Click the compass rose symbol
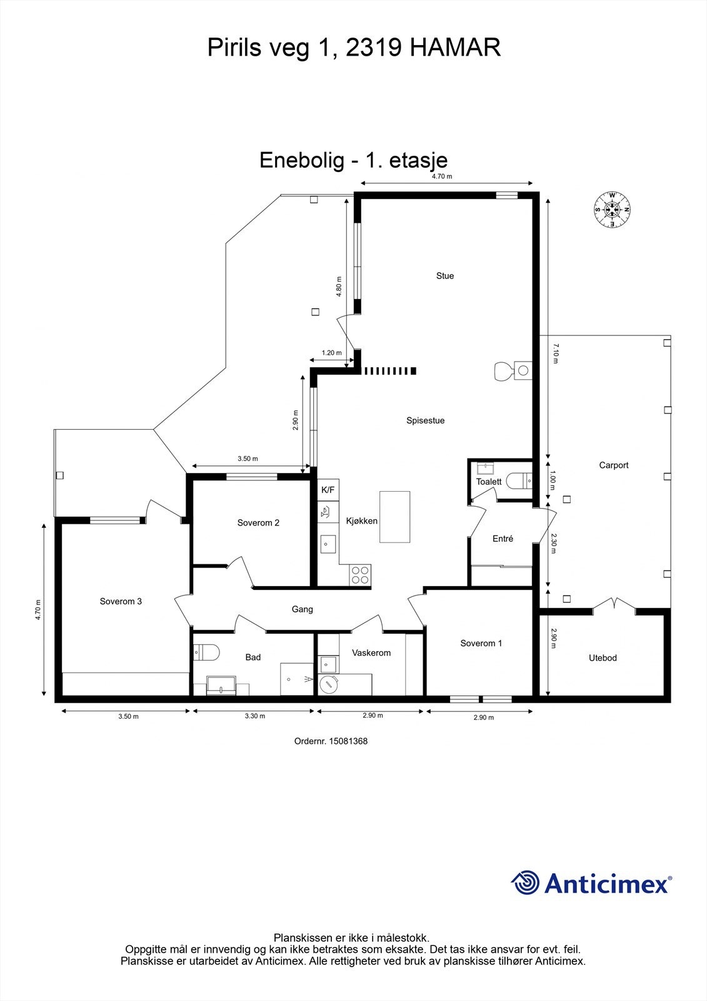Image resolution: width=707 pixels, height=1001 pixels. (x=612, y=209)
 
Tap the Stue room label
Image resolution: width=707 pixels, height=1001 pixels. (x=445, y=276)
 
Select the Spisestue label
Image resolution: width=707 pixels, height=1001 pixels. (x=425, y=420)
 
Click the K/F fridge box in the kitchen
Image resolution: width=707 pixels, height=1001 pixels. (x=328, y=490)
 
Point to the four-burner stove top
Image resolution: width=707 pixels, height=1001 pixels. (x=360, y=575)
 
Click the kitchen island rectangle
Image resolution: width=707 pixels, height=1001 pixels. (x=395, y=517)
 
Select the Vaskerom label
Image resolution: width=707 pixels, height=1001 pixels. (x=371, y=653)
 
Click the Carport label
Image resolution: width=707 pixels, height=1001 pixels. (x=614, y=465)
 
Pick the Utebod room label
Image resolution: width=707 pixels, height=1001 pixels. (x=603, y=658)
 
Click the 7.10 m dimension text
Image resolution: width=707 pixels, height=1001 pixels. (x=555, y=353)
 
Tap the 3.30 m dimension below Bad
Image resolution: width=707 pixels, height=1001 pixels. (x=255, y=716)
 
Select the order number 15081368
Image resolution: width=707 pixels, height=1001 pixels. (x=348, y=741)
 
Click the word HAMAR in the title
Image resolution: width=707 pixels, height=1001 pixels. (x=455, y=48)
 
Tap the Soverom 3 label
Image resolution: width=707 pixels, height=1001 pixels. (x=121, y=601)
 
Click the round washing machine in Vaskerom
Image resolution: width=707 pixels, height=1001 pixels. (x=329, y=684)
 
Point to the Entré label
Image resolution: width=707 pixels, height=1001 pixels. (x=503, y=539)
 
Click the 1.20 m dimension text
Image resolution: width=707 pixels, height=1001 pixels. (x=331, y=353)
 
